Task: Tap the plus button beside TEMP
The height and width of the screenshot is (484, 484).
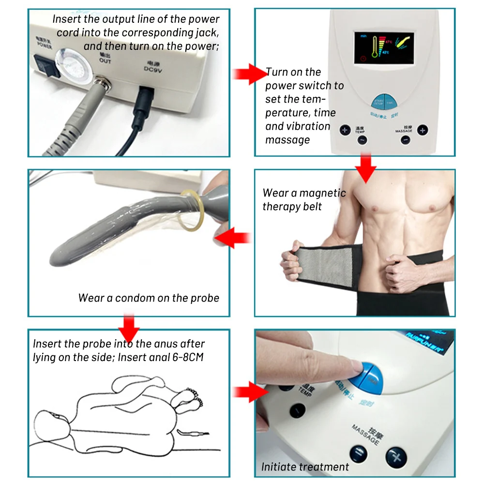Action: [x=345, y=130]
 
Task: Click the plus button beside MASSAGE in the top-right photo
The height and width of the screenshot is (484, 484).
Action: [x=423, y=130]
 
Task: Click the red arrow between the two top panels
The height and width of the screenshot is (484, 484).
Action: [x=248, y=74]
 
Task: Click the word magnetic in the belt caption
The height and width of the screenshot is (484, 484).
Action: [x=322, y=193]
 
